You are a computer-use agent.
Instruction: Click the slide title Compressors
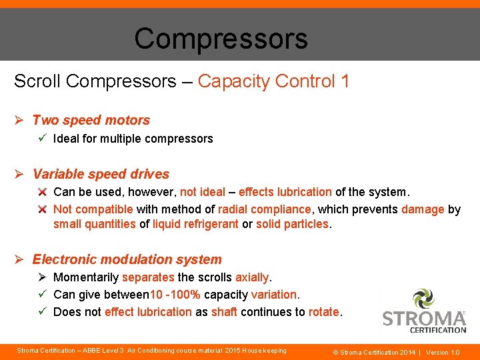[221, 39]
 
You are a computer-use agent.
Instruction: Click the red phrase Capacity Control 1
[273, 81]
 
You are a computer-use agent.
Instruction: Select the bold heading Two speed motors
[91, 120]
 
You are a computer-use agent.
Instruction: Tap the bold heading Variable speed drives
[101, 174]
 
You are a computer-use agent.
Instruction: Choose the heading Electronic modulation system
[127, 259]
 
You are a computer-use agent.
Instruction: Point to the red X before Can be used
[41, 192]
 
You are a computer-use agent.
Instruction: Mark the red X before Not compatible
[41, 209]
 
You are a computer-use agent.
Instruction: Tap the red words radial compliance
[264, 209]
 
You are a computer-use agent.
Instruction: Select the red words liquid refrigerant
[195, 224]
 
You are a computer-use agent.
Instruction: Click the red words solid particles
[292, 224]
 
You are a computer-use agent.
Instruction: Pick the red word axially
[253, 277]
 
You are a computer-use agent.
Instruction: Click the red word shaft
[224, 311]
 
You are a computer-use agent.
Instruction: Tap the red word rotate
[324, 311]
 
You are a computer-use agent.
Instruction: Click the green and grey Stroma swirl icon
[423, 299]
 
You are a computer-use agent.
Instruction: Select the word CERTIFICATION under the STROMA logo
[437, 329]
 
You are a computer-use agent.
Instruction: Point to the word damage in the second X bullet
[423, 209]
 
